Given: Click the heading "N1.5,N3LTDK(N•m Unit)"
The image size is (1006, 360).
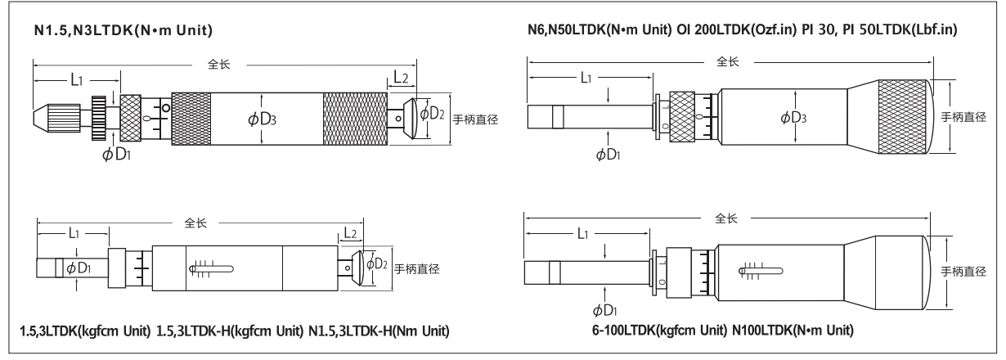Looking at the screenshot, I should pos(121,31).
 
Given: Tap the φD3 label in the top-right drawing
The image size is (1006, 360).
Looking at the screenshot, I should pos(793,118).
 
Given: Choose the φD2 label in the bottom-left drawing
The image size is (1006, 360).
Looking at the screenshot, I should pos(377,263).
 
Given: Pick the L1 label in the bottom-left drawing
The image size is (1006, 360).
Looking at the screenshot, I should pos(73,233).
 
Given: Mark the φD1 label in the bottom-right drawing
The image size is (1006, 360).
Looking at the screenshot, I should pos(607,310).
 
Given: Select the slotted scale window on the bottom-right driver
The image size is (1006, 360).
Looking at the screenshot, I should pos(761,267).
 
